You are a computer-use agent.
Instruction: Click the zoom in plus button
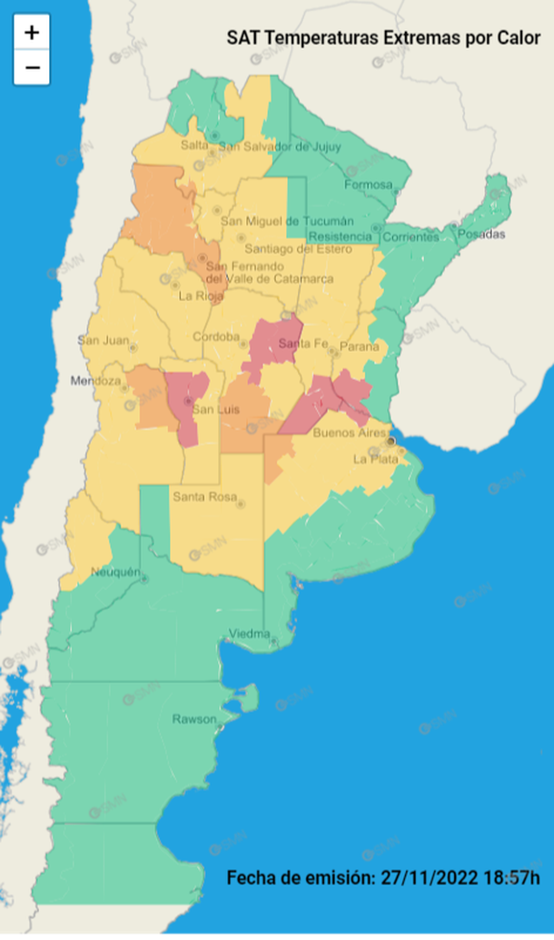[x=32, y=33]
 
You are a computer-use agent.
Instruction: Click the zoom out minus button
[x=32, y=67]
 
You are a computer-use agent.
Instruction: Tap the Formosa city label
[x=368, y=185]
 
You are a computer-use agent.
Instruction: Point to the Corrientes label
[x=410, y=237]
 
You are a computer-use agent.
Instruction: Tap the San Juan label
[x=103, y=340]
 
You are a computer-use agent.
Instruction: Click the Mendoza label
[x=95, y=380]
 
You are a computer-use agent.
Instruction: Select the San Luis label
[x=215, y=410]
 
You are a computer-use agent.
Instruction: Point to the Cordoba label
[x=216, y=337]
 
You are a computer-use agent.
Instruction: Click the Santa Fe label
[x=302, y=343]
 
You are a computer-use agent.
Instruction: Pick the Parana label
[x=359, y=346]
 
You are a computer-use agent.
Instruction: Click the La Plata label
[x=372, y=459]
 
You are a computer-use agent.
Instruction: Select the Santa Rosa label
[x=203, y=496]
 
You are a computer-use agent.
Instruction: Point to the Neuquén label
[x=115, y=572]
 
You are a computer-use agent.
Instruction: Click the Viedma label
[x=249, y=633]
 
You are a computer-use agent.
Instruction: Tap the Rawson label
[x=194, y=719]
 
